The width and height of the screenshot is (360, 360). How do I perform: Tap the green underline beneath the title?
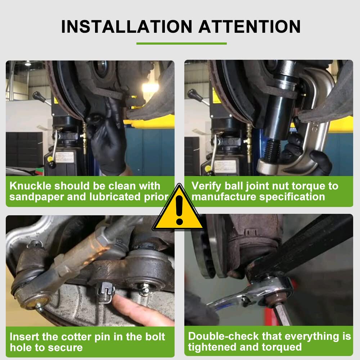[181, 44]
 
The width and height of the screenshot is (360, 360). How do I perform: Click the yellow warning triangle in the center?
[179, 211]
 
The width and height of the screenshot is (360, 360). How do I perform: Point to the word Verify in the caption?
[206, 186]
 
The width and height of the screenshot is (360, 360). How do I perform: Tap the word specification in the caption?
[288, 197]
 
